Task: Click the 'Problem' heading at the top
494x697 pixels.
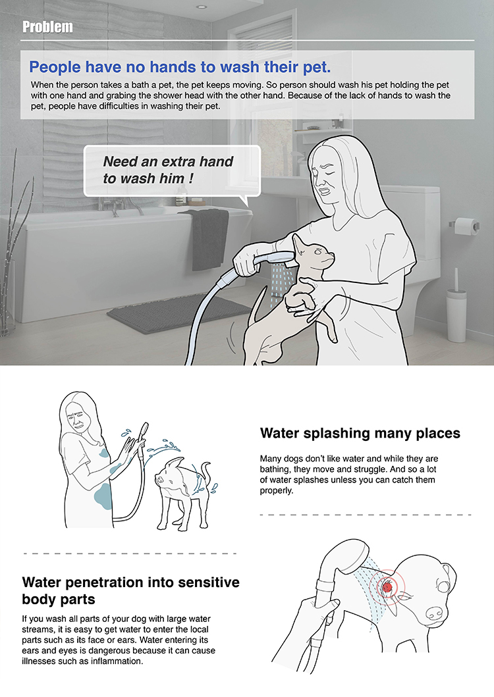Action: tap(47, 27)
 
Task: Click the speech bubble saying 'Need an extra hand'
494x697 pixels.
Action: tap(172, 171)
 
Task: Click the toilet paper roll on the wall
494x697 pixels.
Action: tap(466, 226)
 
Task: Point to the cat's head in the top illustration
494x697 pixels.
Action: tap(314, 253)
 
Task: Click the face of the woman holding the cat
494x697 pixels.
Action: tap(328, 178)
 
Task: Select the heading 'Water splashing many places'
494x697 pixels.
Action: tap(360, 433)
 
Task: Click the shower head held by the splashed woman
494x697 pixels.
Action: tap(144, 432)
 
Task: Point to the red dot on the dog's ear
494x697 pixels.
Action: tap(388, 587)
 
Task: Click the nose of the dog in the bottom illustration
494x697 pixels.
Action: tap(434, 613)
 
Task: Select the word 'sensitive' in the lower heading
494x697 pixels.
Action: tap(208, 582)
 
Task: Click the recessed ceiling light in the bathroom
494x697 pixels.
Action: tap(202, 7)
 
